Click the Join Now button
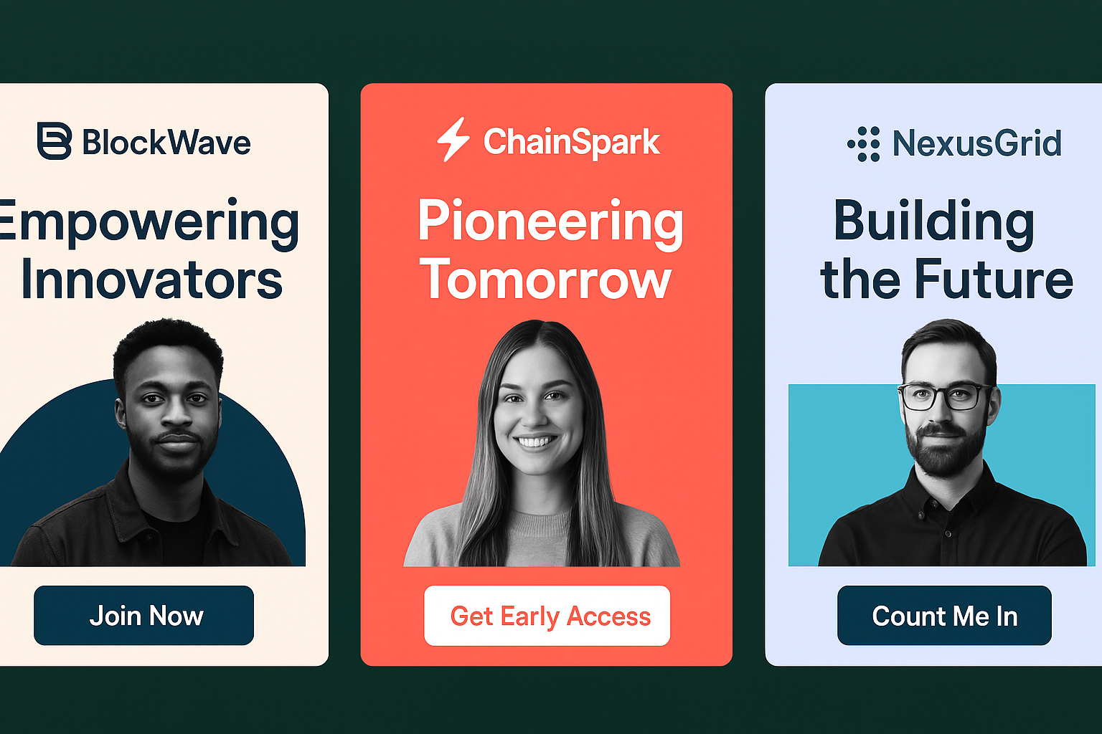143,615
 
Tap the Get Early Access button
547,616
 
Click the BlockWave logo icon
54,141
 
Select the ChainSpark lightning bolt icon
453,140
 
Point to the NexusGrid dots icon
864,144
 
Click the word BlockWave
166,143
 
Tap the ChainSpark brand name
572,142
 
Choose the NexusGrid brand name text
977,143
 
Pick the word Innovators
152,280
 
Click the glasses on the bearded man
945,396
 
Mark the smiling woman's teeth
536,442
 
